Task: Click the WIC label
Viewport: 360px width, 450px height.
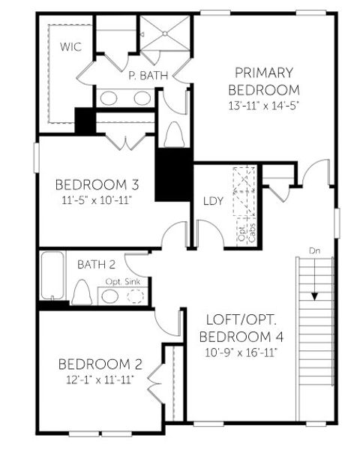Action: click(x=71, y=46)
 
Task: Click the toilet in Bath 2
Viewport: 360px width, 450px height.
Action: click(x=82, y=291)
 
